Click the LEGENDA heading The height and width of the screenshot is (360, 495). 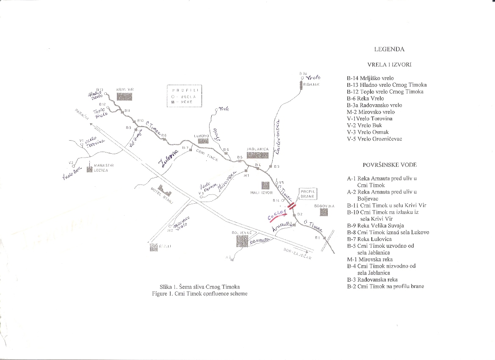click(x=389, y=49)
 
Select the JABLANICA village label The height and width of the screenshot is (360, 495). click(x=257, y=150)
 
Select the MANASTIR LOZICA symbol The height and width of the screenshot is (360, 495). click(x=89, y=169)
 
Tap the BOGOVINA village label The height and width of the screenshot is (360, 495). click(x=324, y=206)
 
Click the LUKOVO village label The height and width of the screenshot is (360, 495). click(x=202, y=136)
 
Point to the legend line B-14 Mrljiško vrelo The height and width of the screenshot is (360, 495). click(x=370, y=78)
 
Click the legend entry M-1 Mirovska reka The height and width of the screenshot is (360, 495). click(x=370, y=259)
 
